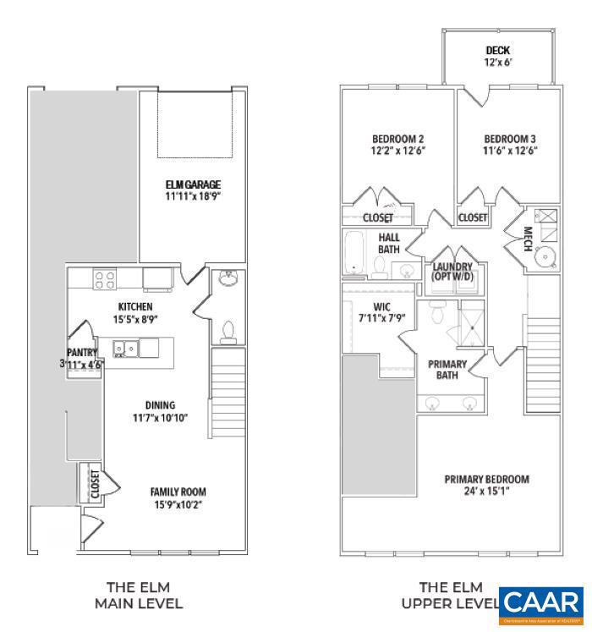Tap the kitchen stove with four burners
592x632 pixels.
tap(104, 279)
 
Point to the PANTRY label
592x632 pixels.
tap(83, 353)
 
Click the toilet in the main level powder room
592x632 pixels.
tap(227, 331)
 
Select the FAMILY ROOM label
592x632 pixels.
tap(178, 492)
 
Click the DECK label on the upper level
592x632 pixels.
tap(497, 51)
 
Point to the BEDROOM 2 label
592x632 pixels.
tap(397, 139)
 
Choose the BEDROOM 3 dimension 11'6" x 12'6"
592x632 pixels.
tap(510, 151)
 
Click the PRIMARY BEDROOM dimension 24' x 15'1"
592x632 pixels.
tap(486, 492)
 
